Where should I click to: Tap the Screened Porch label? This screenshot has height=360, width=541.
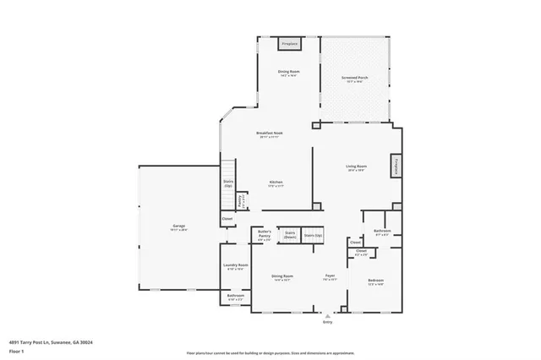tap(354, 78)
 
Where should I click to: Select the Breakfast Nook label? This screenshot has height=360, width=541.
tap(270, 134)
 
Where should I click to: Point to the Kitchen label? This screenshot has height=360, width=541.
tap(276, 183)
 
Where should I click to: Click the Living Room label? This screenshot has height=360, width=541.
tap(355, 167)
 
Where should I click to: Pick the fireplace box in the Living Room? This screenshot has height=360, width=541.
tap(395, 166)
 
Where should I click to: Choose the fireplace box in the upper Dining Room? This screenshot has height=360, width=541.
tap(289, 44)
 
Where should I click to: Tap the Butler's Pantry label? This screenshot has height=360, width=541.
tap(265, 236)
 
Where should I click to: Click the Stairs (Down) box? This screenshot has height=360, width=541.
tap(289, 234)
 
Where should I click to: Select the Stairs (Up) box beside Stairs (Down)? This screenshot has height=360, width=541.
tap(314, 236)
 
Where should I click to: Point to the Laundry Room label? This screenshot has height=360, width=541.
tap(235, 267)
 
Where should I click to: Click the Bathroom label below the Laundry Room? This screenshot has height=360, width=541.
tap(235, 297)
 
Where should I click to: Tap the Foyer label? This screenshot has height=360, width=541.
tap(331, 278)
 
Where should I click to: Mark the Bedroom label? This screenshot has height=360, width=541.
tap(375, 281)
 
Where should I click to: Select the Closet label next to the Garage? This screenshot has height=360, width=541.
tap(227, 220)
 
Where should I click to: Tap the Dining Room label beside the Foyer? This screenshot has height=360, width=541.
tap(282, 278)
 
